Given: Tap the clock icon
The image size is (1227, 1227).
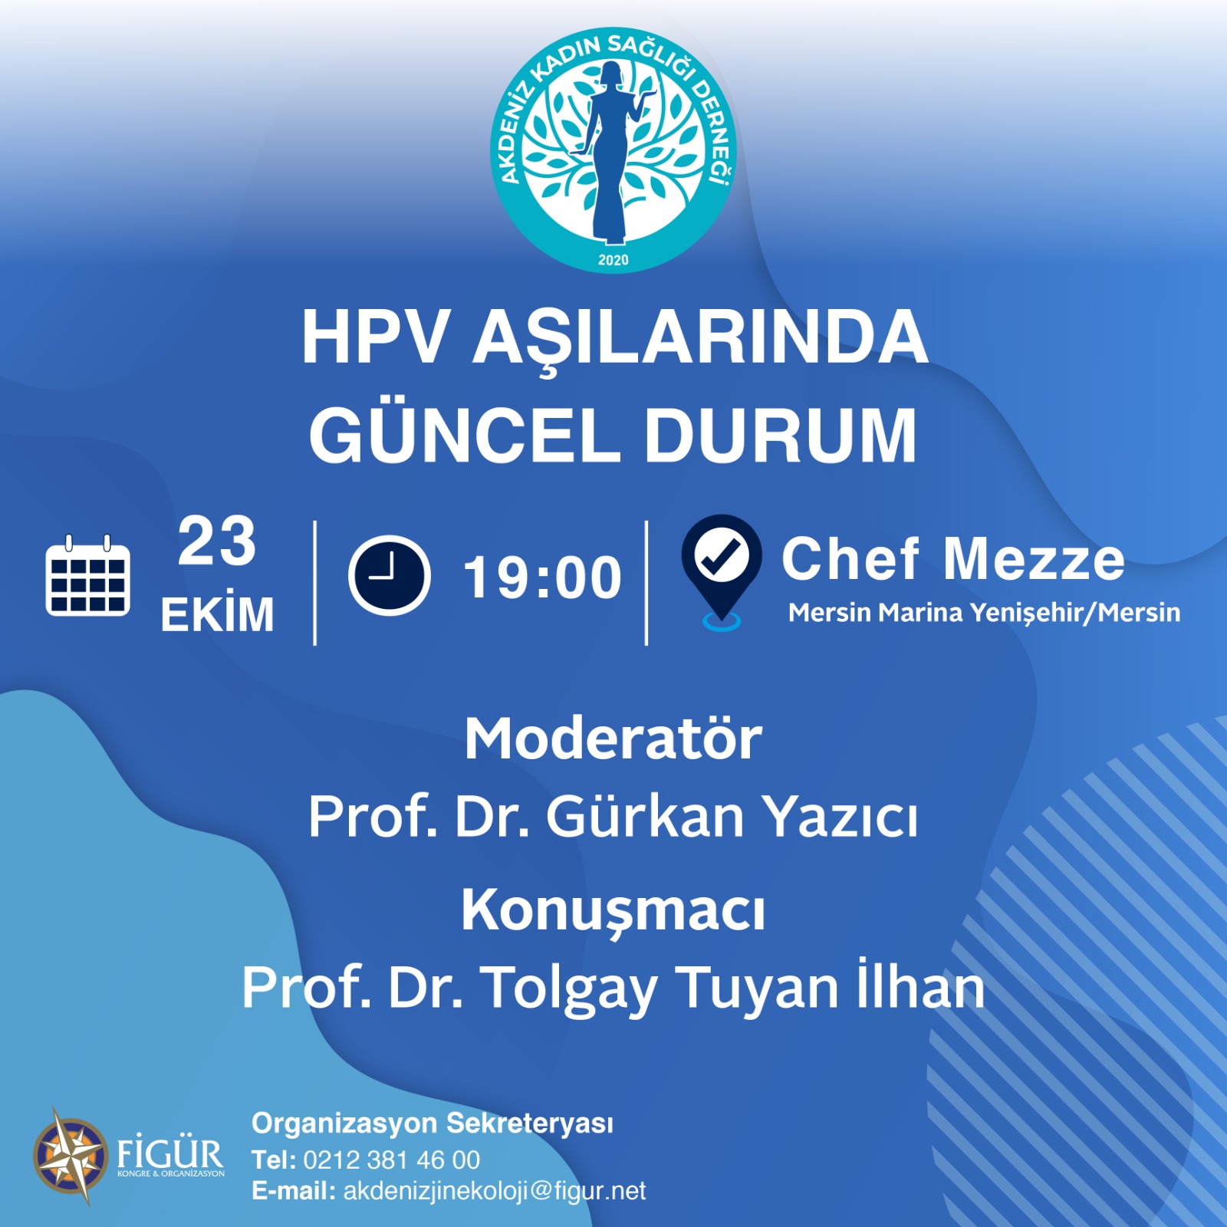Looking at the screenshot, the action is click(x=390, y=575).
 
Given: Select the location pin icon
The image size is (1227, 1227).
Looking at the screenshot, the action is click(x=722, y=572).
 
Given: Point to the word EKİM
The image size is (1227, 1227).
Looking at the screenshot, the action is click(x=217, y=613).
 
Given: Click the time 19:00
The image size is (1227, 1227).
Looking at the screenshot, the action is click(x=542, y=577).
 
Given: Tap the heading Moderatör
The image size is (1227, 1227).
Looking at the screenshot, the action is click(x=613, y=739).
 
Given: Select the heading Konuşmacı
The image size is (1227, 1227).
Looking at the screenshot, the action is click(x=613, y=911).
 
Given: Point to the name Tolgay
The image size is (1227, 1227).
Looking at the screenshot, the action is click(x=570, y=989).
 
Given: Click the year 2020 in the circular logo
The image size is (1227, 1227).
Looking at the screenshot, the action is click(x=613, y=260).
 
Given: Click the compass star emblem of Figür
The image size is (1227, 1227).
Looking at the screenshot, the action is click(x=71, y=1155).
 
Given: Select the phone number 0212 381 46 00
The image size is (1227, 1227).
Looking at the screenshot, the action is click(x=392, y=1160).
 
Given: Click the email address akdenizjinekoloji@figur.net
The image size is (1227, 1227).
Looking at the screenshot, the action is click(x=495, y=1191).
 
